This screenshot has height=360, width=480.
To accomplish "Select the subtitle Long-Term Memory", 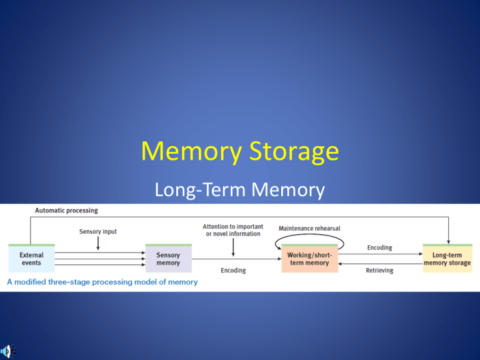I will (241, 188).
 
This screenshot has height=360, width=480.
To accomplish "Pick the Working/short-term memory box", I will (309, 259).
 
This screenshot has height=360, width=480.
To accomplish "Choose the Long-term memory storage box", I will (447, 259).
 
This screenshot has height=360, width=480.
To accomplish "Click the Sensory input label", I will (97, 231).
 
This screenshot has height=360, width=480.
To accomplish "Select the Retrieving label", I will (379, 271).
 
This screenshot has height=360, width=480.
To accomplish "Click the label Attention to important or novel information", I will (233, 229).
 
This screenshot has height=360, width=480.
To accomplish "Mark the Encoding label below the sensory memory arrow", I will (233, 271).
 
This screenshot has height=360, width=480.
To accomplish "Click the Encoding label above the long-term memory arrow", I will (379, 247).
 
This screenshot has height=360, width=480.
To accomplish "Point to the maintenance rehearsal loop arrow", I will (309, 239).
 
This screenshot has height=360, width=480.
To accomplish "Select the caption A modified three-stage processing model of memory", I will (102, 282).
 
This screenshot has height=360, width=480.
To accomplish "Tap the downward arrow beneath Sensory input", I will (97, 244).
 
